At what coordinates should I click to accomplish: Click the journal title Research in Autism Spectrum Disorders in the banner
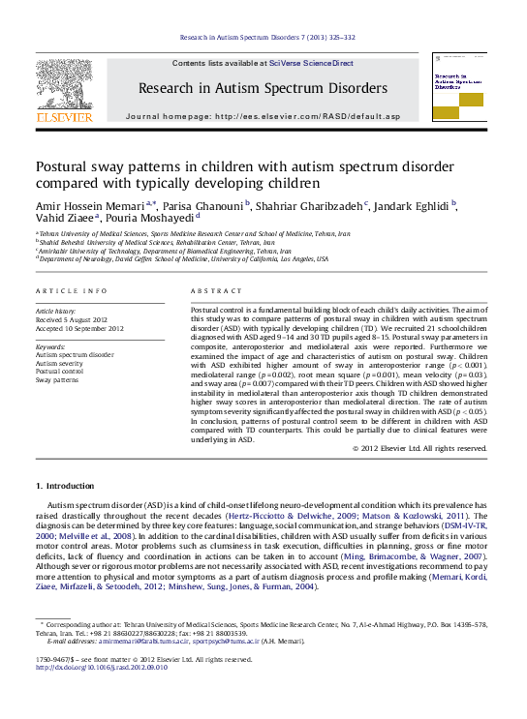(x=262, y=88)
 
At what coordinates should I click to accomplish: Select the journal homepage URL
(x=307, y=116)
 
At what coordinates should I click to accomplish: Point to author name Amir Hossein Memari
(x=90, y=205)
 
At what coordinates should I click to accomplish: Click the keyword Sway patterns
(x=59, y=378)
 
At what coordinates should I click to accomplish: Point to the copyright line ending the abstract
(x=418, y=448)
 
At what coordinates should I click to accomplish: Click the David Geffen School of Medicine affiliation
(x=182, y=259)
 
